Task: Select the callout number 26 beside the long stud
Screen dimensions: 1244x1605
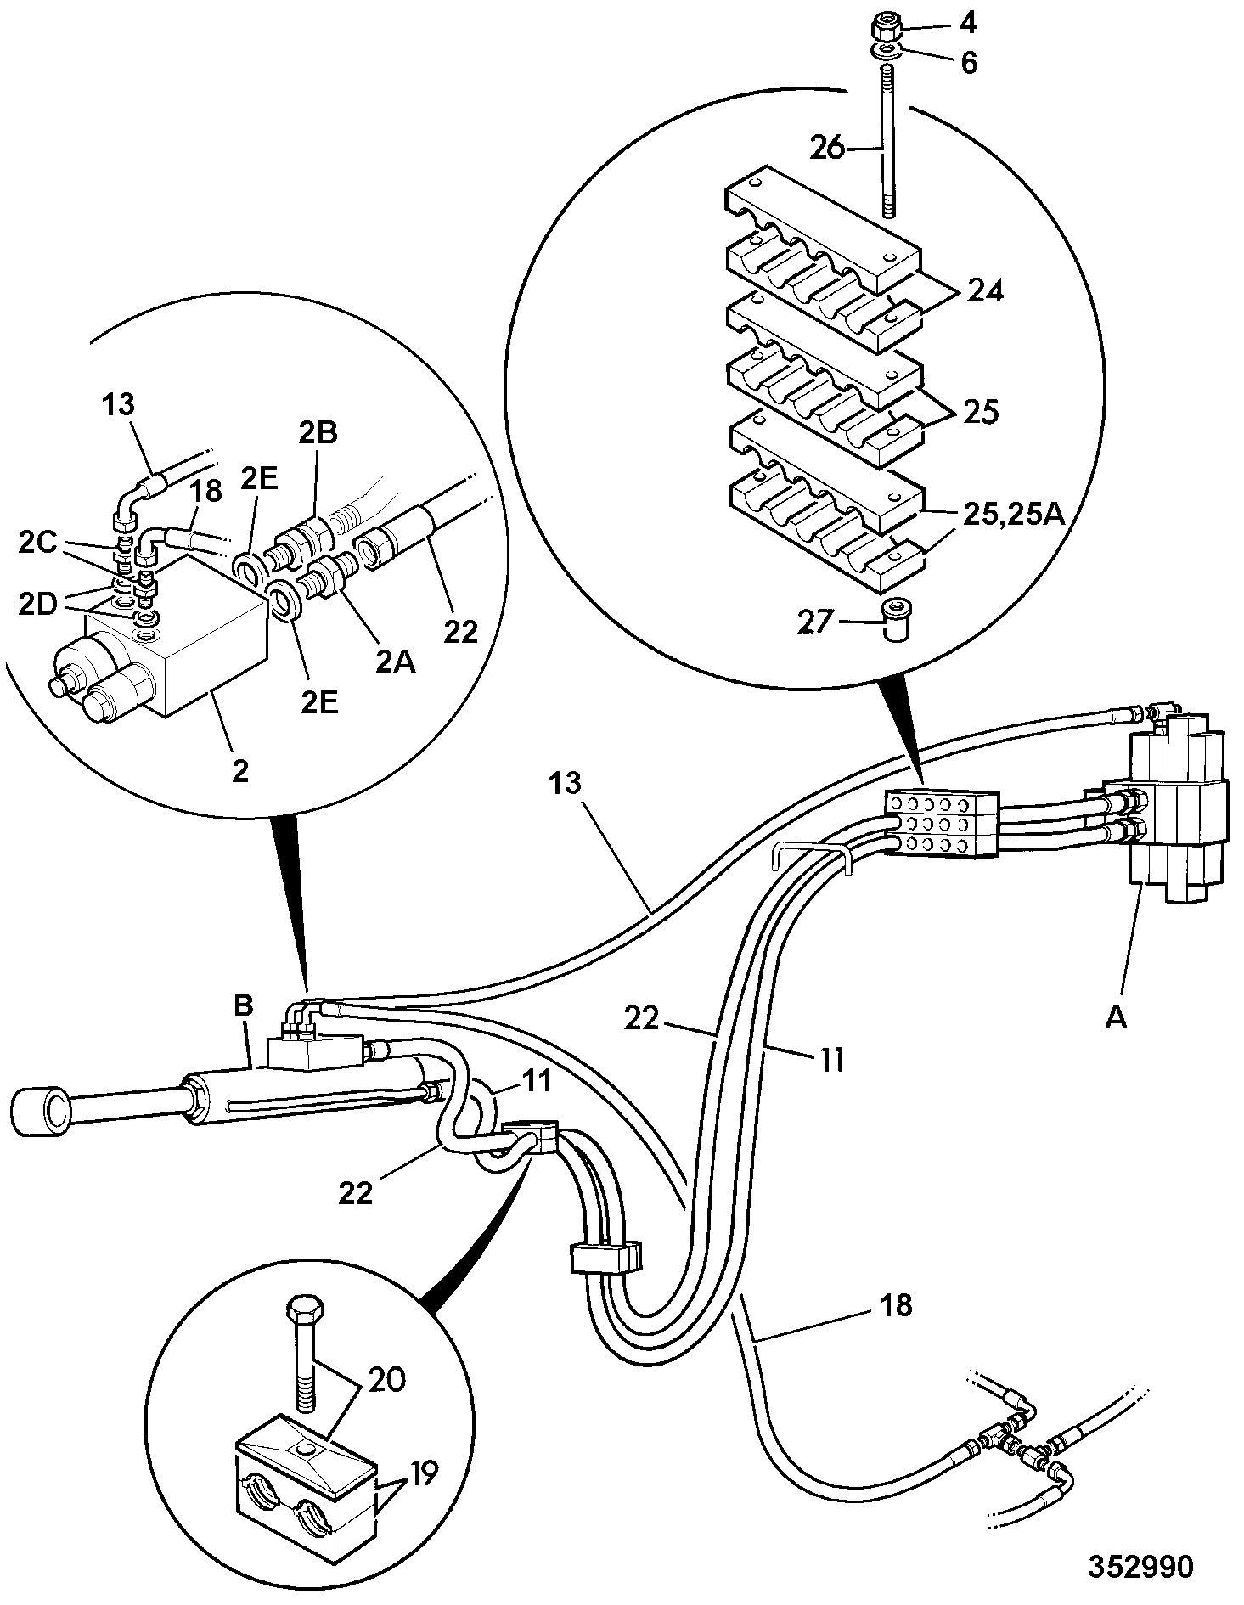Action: click(x=828, y=148)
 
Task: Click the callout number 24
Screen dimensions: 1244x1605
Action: click(x=985, y=290)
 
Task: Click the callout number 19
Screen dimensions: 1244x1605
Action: click(x=421, y=1473)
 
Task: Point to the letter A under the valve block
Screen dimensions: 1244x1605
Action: click(x=1115, y=1016)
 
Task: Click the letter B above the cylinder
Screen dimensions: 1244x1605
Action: click(x=244, y=1006)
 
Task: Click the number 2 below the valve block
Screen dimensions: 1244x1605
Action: click(x=241, y=771)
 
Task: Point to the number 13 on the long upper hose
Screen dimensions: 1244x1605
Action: click(x=564, y=783)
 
